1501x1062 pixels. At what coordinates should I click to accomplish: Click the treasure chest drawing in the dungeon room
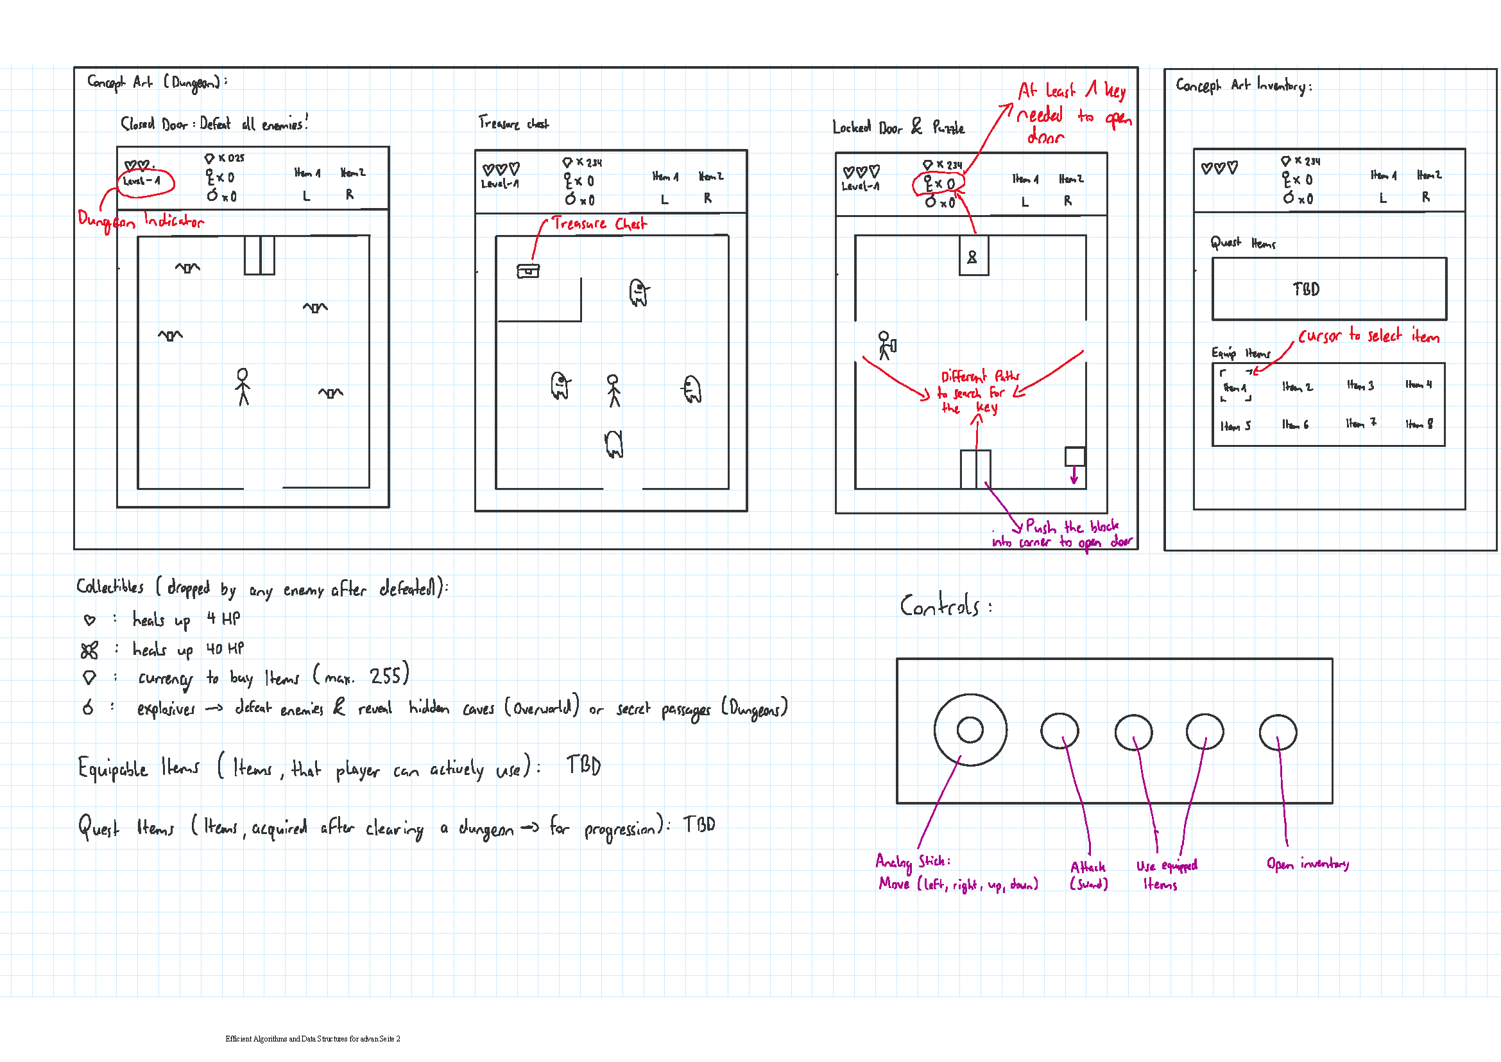pos(527,271)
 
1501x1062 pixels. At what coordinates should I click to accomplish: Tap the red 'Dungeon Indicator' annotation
pos(141,220)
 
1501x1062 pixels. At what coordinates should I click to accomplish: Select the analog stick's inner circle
pos(970,730)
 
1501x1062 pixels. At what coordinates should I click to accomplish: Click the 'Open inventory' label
pos(1307,864)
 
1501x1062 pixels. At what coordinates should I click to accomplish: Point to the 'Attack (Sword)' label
pos(1088,875)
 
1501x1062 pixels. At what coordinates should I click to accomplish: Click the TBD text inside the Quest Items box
pos(1305,289)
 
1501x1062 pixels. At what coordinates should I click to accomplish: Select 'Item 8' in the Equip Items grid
pos(1419,424)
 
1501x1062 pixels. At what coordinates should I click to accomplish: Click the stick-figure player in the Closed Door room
pos(243,387)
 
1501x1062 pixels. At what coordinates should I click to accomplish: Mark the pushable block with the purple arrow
pos(1075,457)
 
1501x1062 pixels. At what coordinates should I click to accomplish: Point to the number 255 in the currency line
pos(386,675)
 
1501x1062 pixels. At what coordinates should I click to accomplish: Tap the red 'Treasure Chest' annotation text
pos(599,223)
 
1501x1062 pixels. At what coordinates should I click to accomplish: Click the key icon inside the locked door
pos(972,257)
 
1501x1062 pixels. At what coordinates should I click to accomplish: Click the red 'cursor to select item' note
pos(1368,336)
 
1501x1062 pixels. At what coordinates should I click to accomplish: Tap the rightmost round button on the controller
pos(1278,733)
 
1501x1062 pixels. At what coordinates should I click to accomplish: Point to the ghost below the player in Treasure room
pos(613,444)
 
